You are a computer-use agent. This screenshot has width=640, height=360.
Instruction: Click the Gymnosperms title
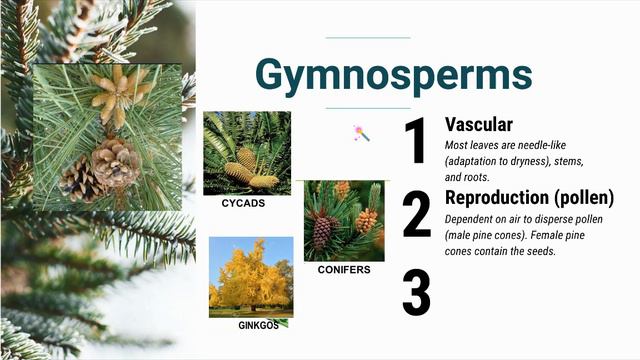pyautogui.click(x=393, y=74)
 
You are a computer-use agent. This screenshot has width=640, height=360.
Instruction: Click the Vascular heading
pyautogui.click(x=479, y=124)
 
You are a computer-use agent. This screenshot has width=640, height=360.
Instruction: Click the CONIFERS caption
pyautogui.click(x=344, y=270)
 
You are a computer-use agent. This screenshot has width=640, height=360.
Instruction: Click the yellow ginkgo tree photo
pyautogui.click(x=251, y=276)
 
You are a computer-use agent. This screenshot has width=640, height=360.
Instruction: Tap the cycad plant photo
pyautogui.click(x=247, y=152)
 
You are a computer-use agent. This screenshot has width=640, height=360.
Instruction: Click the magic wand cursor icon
pyautogui.click(x=361, y=133)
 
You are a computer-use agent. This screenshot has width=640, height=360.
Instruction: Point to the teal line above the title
pyautogui.click(x=368, y=38)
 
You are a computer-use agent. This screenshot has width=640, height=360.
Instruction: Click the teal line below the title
pyautogui.click(x=368, y=108)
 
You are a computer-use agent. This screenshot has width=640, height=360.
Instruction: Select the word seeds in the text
pyautogui.click(x=541, y=251)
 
